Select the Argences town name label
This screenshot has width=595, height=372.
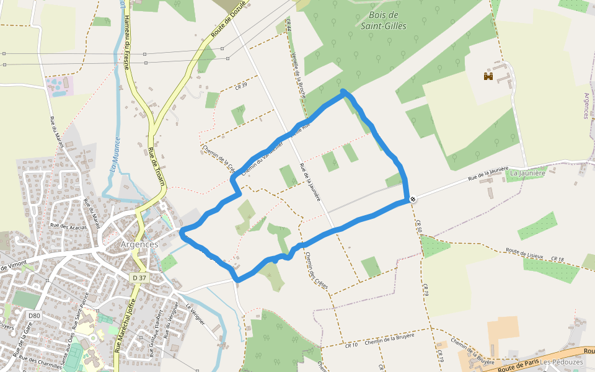139,244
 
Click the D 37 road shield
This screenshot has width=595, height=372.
139,278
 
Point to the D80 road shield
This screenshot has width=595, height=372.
34,316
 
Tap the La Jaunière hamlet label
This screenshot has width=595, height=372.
527,173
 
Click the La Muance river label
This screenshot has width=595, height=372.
115,154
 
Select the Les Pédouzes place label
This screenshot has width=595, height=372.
561,361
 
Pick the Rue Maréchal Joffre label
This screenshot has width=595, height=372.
126,325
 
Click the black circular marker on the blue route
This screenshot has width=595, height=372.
413,199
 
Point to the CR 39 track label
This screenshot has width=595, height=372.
241,85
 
